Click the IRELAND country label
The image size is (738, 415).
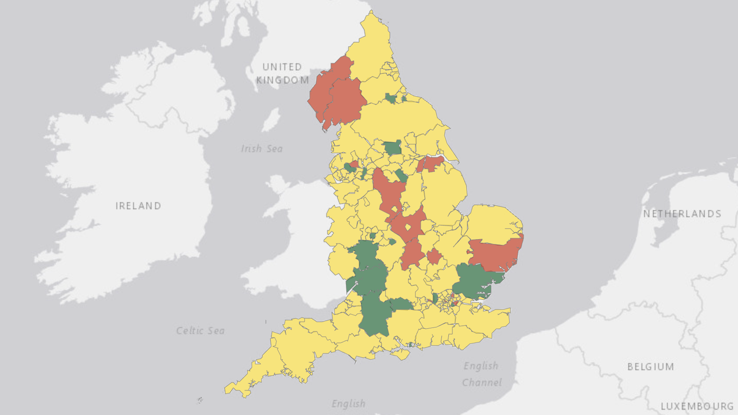tap(138, 206)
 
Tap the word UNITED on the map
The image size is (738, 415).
tap(282, 67)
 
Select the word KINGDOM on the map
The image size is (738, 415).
tap(282, 80)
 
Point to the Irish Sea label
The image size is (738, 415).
tap(262, 148)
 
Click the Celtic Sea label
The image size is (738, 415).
tap(200, 331)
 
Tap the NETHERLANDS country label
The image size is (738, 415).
tap(682, 213)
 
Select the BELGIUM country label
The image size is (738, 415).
tap(650, 367)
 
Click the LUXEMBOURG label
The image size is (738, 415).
tap(697, 406)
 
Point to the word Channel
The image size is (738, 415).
tap(482, 382)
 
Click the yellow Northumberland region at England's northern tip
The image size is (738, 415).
tap(371, 46)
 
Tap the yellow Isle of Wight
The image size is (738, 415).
tap(400, 354)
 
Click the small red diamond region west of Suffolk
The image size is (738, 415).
tap(434, 256)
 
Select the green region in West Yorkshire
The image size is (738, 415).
tap(393, 148)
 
